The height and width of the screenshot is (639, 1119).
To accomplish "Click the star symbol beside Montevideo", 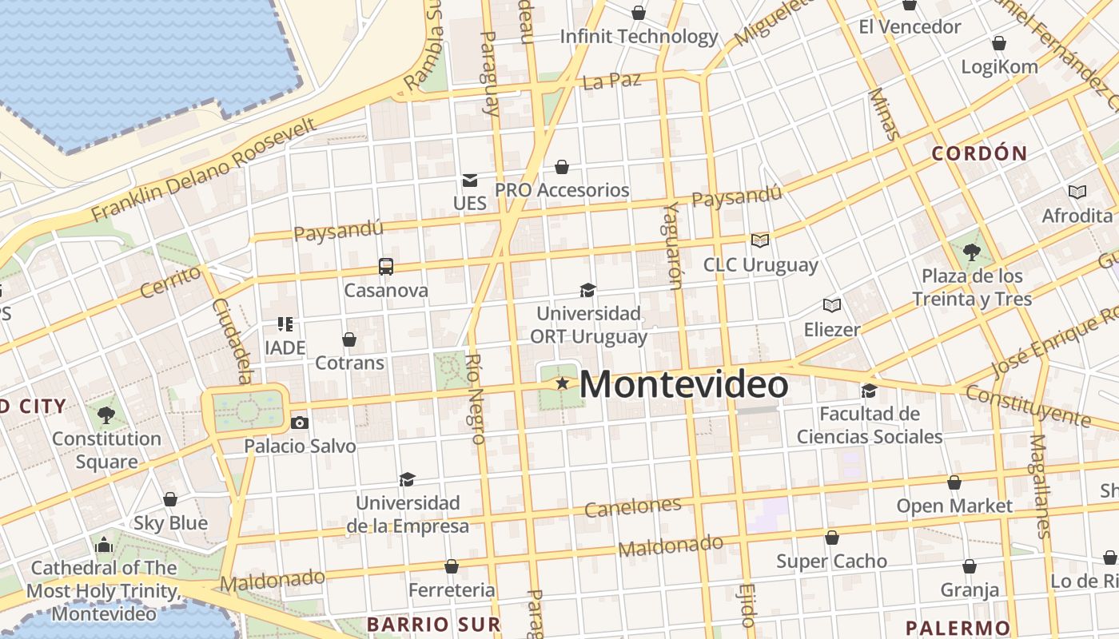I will [x=563, y=383].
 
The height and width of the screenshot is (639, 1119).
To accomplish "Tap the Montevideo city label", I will [x=683, y=384].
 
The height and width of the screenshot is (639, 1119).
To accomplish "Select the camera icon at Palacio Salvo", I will [x=300, y=423].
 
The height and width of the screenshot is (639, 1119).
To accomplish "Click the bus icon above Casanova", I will [x=386, y=266].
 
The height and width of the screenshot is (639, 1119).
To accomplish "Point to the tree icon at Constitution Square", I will [x=106, y=415].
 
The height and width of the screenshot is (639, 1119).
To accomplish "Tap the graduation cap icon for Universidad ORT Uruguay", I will [x=587, y=290].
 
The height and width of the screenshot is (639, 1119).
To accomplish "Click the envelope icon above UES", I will [x=469, y=181].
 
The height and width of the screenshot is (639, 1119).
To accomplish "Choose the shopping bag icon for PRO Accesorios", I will [x=562, y=167].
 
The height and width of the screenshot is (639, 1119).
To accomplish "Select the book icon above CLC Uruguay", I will [x=759, y=240].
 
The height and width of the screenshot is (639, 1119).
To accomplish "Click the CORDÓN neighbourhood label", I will [x=979, y=153].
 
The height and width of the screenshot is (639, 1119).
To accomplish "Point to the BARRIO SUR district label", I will [x=433, y=624].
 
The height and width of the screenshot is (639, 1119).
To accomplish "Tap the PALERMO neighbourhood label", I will [x=958, y=628].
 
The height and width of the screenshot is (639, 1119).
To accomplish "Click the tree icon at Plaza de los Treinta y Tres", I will [x=972, y=252].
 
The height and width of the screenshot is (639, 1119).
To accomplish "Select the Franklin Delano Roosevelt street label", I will [x=204, y=171].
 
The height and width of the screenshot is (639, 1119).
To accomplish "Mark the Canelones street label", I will [x=632, y=506].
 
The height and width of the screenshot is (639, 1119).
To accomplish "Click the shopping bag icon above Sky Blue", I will [x=170, y=499].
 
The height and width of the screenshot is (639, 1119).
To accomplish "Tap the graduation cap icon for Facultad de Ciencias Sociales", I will [x=869, y=391].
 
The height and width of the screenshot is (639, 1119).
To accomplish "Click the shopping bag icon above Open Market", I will [x=954, y=482].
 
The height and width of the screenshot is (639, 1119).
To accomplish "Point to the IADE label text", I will [x=285, y=348].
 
